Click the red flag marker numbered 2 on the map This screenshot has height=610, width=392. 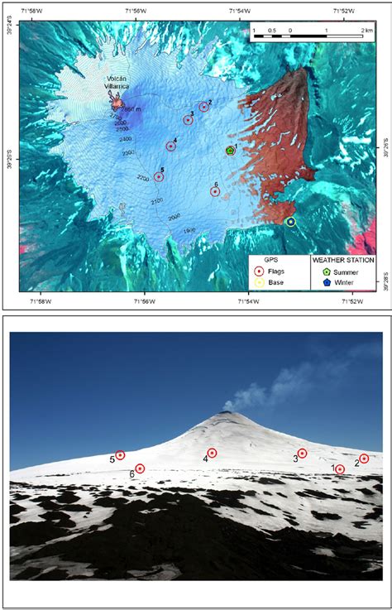(x=203, y=107)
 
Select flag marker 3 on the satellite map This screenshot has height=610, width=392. (x=188, y=120)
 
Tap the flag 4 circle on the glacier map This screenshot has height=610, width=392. (x=170, y=146)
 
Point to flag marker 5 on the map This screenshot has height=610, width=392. (x=159, y=176)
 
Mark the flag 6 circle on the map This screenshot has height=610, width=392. (x=215, y=191)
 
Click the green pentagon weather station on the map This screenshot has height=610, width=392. (x=230, y=151)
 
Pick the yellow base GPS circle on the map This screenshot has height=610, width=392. (x=290, y=221)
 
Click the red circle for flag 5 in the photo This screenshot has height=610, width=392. (x=120, y=454)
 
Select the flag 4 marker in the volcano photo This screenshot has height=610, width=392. (x=212, y=453)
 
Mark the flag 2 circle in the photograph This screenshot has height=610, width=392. (x=364, y=459)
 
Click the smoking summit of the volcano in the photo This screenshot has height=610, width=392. (x=226, y=413)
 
